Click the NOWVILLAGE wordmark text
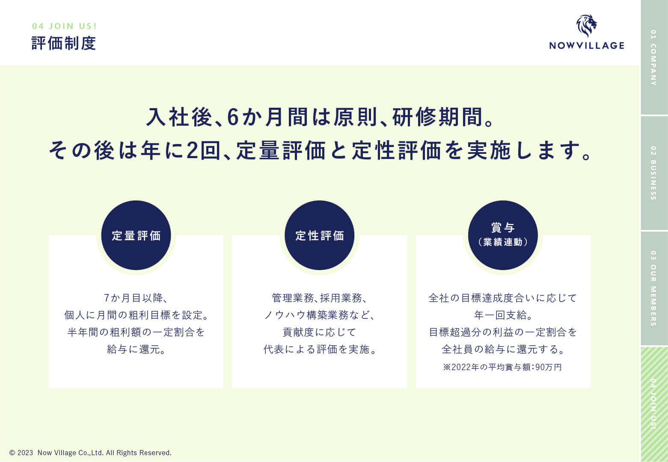(587, 46)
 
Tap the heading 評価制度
(63, 43)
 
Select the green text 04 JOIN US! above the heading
(65, 26)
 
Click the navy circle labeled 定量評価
(136, 235)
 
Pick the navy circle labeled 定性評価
(319, 235)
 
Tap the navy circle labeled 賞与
(503, 235)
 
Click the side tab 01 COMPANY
(654, 57)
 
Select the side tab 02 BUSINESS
(654, 173)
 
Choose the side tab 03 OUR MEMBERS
(654, 288)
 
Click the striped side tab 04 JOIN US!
(654, 404)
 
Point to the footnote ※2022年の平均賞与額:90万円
(502, 367)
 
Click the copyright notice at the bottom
(90, 453)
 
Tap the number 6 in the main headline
(233, 117)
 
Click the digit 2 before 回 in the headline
(192, 150)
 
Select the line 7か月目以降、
(136, 298)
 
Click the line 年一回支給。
(503, 315)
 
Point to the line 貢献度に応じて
(319, 332)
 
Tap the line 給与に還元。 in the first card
(136, 350)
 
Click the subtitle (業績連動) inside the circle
(503, 242)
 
